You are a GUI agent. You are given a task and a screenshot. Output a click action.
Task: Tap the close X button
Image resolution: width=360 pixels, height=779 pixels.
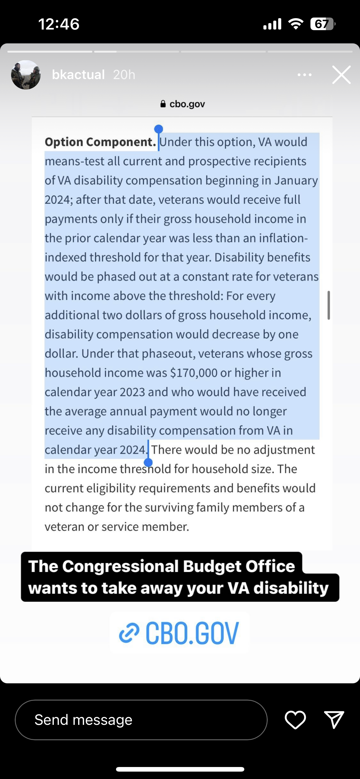point(341,75)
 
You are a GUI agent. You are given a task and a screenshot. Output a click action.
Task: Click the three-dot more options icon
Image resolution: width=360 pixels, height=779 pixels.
point(304,75)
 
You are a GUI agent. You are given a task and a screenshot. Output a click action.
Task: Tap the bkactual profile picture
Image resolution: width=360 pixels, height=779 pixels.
point(26,75)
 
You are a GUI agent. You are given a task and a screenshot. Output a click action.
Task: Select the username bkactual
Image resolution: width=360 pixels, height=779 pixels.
point(78,75)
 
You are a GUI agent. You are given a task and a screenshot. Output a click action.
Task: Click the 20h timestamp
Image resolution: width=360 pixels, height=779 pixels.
point(124,75)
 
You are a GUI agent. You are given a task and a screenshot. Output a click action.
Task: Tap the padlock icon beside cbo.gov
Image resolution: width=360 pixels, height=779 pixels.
point(163,104)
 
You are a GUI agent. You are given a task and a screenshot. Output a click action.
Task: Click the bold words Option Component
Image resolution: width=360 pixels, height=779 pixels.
point(100,142)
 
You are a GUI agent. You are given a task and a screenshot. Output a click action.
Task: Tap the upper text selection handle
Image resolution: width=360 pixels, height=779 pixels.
point(158,129)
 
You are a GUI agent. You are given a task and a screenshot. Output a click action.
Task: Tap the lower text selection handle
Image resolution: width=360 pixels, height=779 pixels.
point(148,462)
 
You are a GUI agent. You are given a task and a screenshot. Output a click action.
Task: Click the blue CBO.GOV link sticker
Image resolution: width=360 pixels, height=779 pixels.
point(180,633)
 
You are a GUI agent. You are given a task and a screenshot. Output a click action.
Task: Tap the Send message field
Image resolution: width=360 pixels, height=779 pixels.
point(141,720)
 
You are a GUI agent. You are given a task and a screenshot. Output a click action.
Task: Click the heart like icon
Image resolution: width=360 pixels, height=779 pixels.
point(295,720)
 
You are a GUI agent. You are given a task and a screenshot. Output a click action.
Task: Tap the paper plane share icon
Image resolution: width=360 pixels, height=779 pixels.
point(334,720)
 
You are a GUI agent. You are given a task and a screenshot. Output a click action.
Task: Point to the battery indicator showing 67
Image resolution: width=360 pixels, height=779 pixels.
point(322,24)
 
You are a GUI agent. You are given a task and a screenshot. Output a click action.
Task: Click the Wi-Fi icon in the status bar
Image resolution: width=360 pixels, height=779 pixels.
point(295,24)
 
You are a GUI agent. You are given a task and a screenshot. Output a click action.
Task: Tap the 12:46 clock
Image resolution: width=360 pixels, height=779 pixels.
point(59,24)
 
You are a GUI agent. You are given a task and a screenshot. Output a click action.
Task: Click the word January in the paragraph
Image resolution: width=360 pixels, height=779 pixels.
point(296,181)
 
